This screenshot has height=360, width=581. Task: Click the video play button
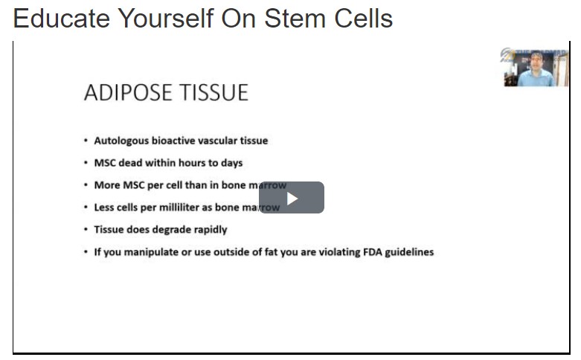tap(292, 198)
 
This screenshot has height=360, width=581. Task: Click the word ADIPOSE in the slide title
tap(124, 93)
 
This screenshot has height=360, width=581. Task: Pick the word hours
tap(196, 163)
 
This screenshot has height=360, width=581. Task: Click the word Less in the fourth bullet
tap(104, 208)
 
